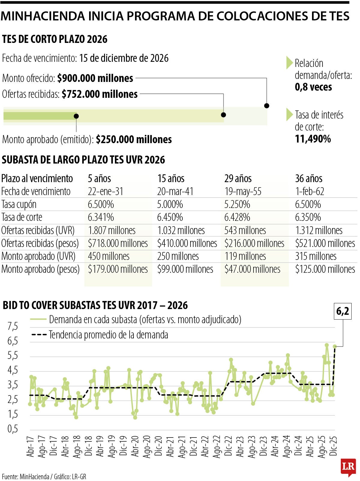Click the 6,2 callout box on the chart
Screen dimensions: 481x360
pyautogui.click(x=343, y=311)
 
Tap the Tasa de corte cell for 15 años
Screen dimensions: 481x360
pyautogui.click(x=170, y=217)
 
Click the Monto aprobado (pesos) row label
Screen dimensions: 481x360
pyautogui.click(x=40, y=269)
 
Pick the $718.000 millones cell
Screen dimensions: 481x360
pyautogui.click(x=118, y=243)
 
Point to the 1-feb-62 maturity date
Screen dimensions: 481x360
pyautogui.click(x=310, y=191)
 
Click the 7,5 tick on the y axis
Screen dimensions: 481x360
pyautogui.click(x=13, y=326)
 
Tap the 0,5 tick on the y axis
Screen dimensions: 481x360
pyautogui.click(x=13, y=429)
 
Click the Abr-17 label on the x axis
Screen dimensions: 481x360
pyautogui.click(x=30, y=446)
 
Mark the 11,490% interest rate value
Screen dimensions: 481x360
pyautogui.click(x=313, y=139)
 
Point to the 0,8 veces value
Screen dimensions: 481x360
pyautogui.click(x=313, y=87)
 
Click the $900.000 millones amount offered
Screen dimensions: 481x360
pyautogui.click(x=95, y=78)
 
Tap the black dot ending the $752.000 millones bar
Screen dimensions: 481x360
pyautogui.click(x=223, y=115)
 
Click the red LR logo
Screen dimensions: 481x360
pyautogui.click(x=348, y=467)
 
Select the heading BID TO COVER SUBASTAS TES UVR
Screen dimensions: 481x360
pyautogui.click(x=95, y=305)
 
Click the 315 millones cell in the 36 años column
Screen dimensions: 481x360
pyautogui.click(x=316, y=256)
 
